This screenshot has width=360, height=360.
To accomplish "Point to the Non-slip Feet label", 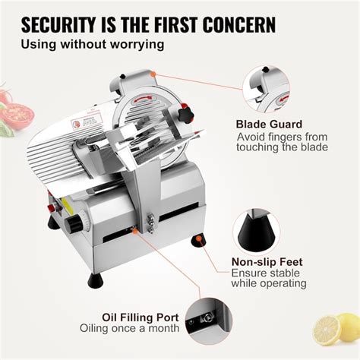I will [270, 260].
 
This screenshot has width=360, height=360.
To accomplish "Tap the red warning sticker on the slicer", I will [85, 122].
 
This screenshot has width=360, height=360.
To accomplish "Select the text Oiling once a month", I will [130, 328].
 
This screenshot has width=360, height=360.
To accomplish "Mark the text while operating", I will [269, 283].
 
